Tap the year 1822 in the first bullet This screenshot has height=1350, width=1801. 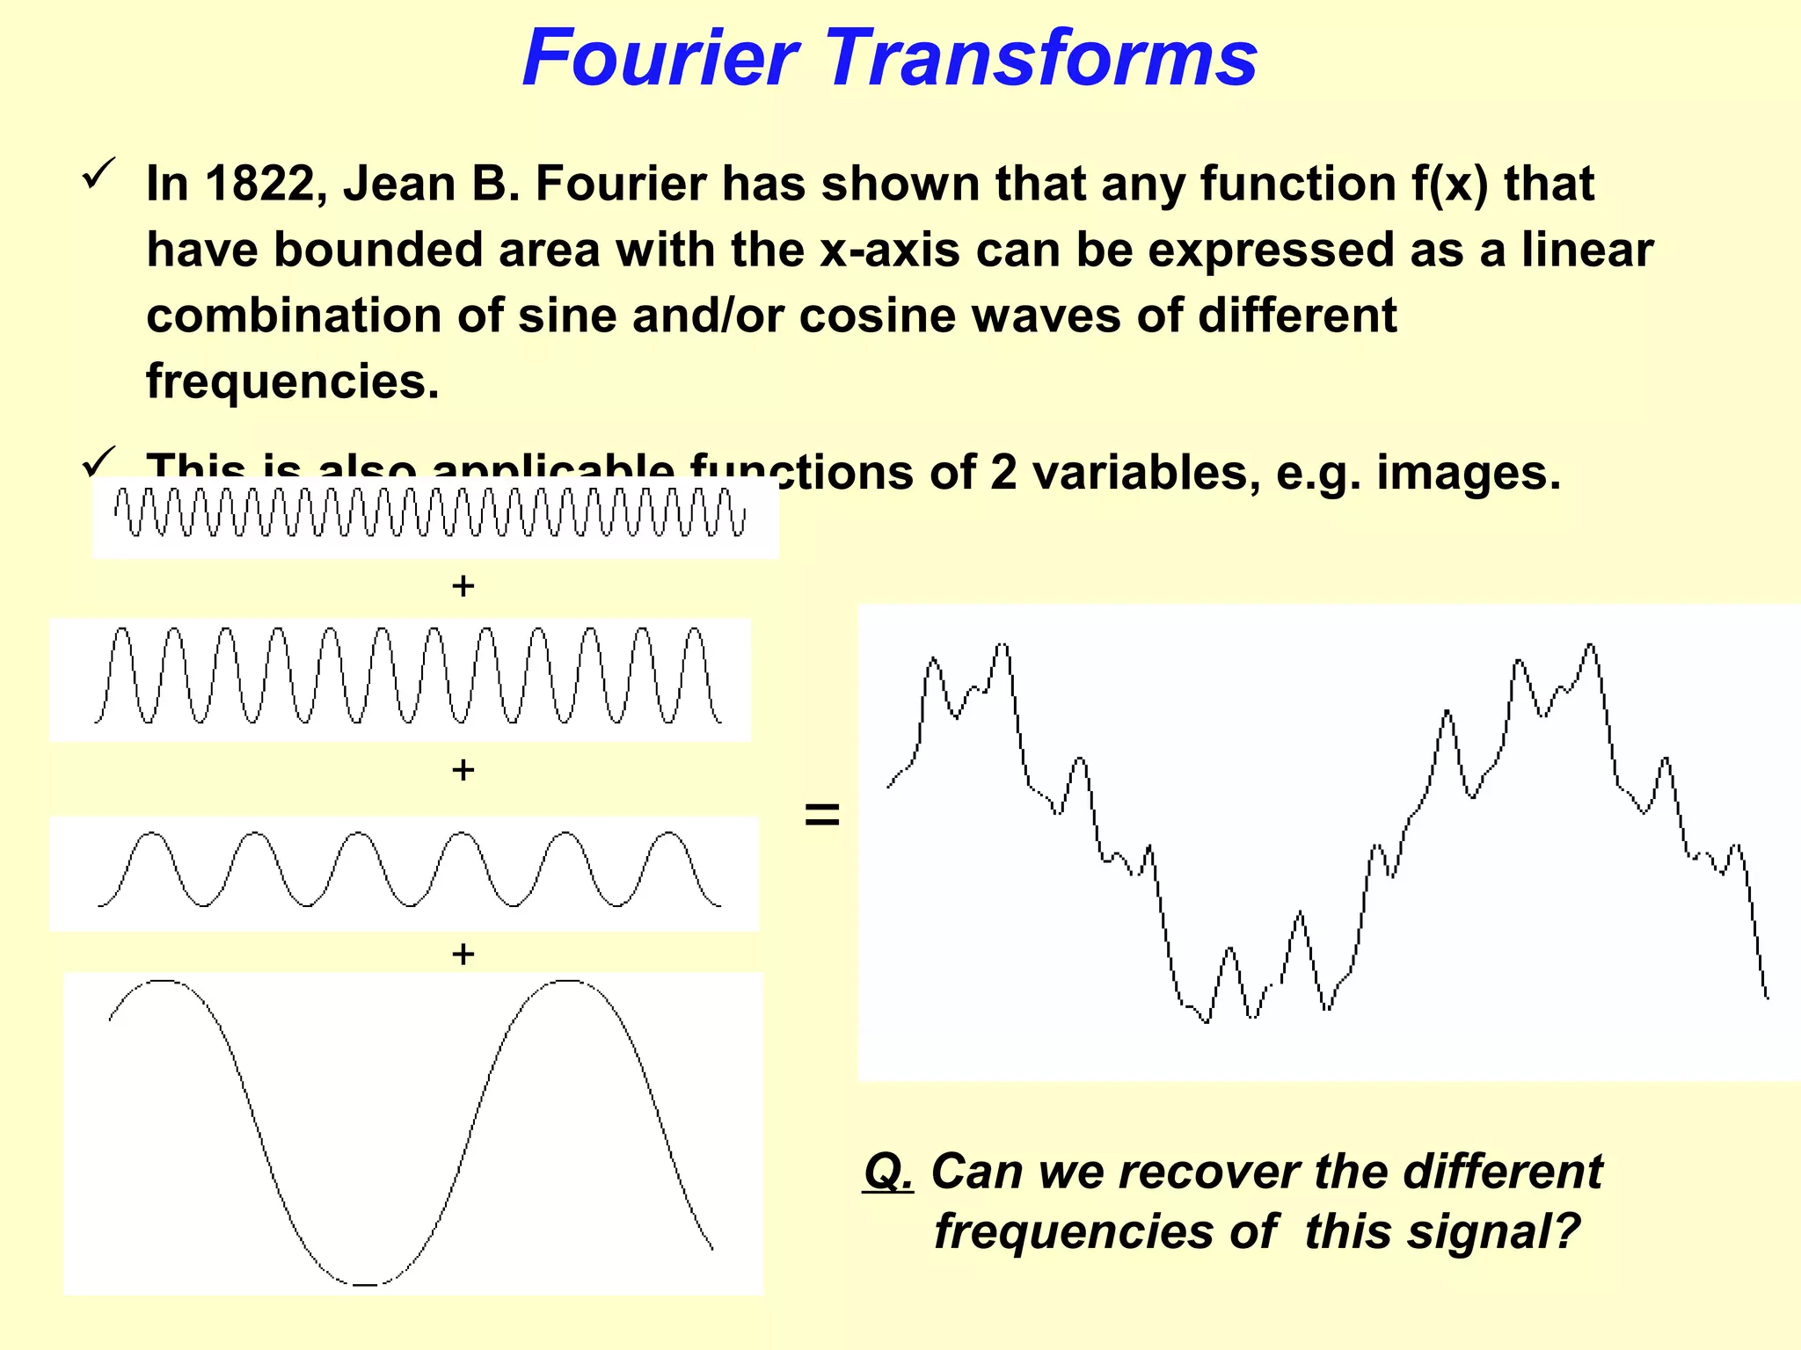[259, 184]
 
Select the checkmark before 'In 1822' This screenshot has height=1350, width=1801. [98, 172]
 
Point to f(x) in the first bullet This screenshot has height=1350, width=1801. [1450, 184]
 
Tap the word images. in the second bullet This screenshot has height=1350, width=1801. [1468, 473]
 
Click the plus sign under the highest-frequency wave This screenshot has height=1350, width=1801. [463, 586]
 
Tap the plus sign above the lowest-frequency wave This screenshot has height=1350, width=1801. [463, 954]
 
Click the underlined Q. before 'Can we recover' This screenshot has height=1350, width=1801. [889, 1172]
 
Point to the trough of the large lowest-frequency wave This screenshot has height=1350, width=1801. [364, 1283]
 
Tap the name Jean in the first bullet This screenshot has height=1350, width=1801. [395, 184]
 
